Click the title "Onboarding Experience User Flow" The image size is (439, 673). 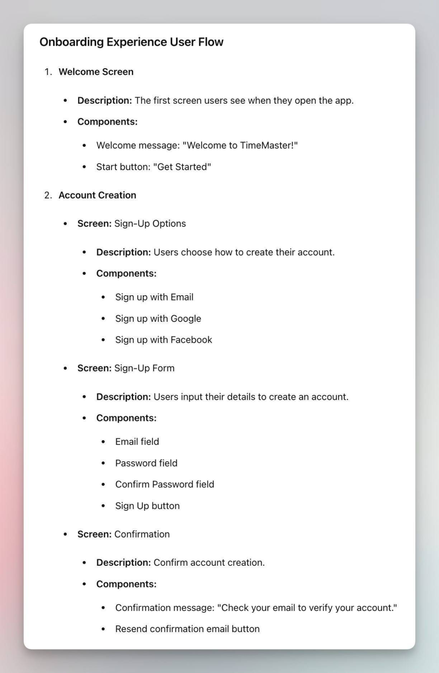tap(131, 42)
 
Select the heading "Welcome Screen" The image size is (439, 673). tap(96, 72)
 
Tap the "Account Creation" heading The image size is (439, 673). tap(97, 195)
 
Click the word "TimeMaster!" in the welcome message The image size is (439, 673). tap(268, 145)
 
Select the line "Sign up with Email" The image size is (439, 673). tap(154, 297)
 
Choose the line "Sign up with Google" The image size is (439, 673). tap(158, 319)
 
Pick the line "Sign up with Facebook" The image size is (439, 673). tap(163, 340)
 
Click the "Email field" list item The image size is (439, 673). tap(137, 442)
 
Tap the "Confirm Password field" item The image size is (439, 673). tap(165, 485)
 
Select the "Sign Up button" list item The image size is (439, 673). tap(147, 506)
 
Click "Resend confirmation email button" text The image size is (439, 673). tap(187, 629)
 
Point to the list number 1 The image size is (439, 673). tap(48, 72)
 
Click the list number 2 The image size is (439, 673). tap(48, 195)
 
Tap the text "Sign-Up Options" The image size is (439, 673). tap(150, 224)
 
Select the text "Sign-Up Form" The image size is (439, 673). tap(144, 368)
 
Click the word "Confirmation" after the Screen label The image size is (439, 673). tap(142, 534)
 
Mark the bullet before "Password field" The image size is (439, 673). tap(103, 463)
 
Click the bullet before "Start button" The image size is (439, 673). tap(84, 167)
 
